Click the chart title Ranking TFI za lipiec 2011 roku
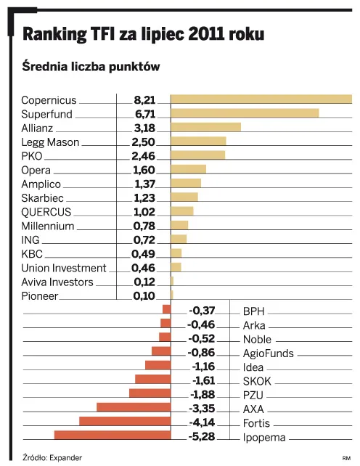pos(143,34)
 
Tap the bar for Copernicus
pos(261,99)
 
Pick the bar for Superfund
pos(245,113)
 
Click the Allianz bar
pos(205,127)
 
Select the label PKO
pos(33,156)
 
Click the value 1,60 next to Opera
pos(144,170)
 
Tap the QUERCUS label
pos(46,212)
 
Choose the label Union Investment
pos(64,268)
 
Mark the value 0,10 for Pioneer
pos(144,296)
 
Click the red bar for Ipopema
pos(112,435)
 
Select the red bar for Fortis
pos(125,421)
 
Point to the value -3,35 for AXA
pos(202,409)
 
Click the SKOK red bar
pos(152,379)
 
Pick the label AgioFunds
pos(268,353)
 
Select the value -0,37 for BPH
pos(202,311)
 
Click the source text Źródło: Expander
pos(52,457)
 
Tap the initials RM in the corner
pos(346,458)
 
